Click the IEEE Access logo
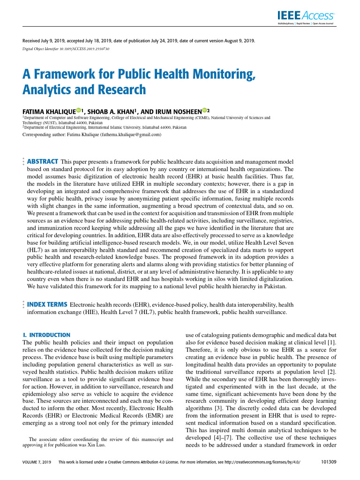click(x=305, y=16)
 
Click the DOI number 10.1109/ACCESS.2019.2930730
click(x=83, y=49)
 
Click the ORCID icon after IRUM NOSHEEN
click(x=204, y=111)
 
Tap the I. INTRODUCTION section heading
click(x=46, y=335)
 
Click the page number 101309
click(x=327, y=462)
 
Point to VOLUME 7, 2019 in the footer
click(x=37, y=463)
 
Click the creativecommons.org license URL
click(x=260, y=463)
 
